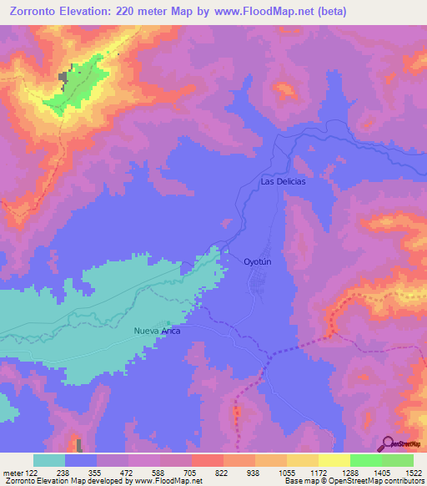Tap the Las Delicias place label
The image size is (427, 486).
click(283, 181)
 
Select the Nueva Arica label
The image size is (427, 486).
click(158, 332)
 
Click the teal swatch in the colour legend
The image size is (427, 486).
click(48, 460)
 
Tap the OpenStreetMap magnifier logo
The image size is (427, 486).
click(389, 444)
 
